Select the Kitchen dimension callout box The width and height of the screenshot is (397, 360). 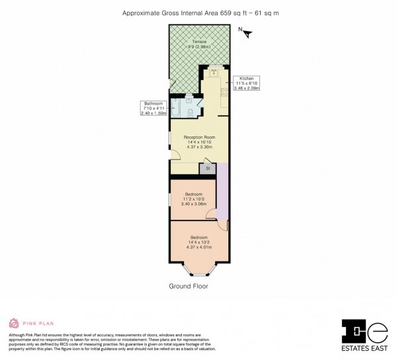(246, 83)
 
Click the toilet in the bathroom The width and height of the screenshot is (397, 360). (191, 113)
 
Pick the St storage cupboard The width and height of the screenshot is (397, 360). (208, 169)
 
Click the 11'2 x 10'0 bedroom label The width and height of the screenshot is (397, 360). (193, 199)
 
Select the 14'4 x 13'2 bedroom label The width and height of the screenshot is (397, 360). (199, 241)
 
